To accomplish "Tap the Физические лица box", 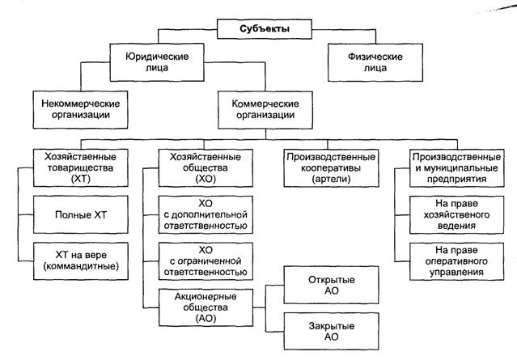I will click(364, 63).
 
